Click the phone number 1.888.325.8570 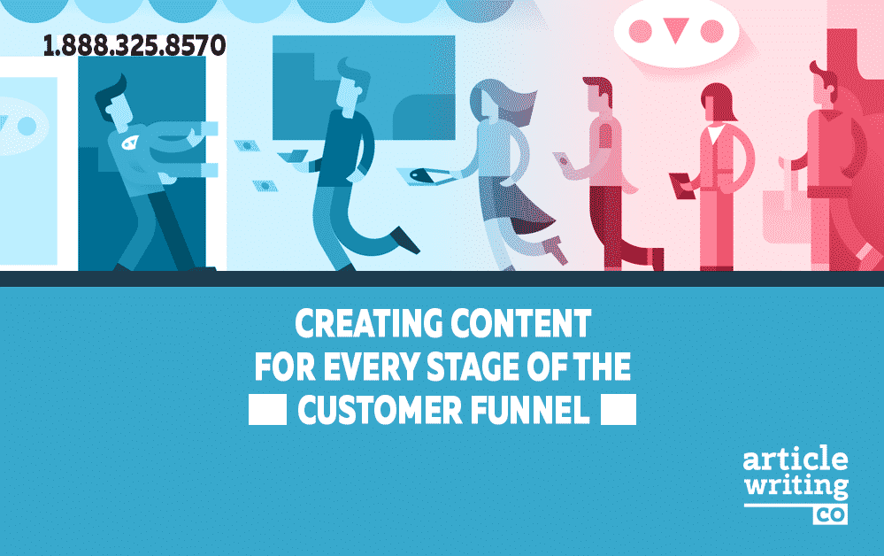[135, 46]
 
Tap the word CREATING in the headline [369, 324]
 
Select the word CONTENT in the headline [520, 324]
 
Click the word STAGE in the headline [473, 367]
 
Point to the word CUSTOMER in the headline [381, 410]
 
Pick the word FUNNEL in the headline [530, 410]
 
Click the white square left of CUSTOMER [268, 409]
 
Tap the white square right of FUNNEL [619, 409]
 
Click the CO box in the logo [830, 514]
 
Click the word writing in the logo [796, 486]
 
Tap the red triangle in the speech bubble [675, 30]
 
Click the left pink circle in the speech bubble [640, 32]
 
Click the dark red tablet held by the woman [682, 185]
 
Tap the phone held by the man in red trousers [563, 160]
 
